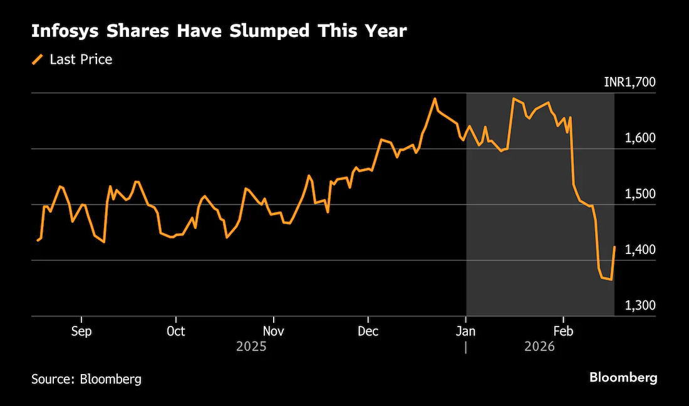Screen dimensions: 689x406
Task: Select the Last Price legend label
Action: pos(81,59)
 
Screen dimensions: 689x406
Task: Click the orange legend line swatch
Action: pos(38,59)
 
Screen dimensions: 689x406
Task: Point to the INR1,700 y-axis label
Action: pos(629,82)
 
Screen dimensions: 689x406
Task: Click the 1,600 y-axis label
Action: pos(640,138)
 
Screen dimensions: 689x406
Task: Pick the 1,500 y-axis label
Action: pos(640,193)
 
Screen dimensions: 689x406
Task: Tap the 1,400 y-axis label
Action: pos(640,250)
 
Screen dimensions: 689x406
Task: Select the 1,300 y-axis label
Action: pos(640,305)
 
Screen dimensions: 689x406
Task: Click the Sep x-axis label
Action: pos(81,331)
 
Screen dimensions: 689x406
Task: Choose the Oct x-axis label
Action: pos(176,331)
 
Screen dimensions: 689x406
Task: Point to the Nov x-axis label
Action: pos(273,331)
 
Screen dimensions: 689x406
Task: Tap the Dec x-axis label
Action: pos(368,331)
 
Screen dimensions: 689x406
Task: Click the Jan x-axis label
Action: pos(465,331)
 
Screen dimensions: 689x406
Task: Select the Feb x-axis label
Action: pos(563,331)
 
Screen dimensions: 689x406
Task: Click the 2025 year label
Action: pos(251,347)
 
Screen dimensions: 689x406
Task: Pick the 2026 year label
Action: pos(539,347)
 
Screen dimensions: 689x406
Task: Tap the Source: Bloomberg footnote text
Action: pos(86,378)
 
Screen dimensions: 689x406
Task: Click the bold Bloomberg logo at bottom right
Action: pos(623,377)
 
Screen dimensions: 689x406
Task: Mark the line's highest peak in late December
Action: pos(435,98)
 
